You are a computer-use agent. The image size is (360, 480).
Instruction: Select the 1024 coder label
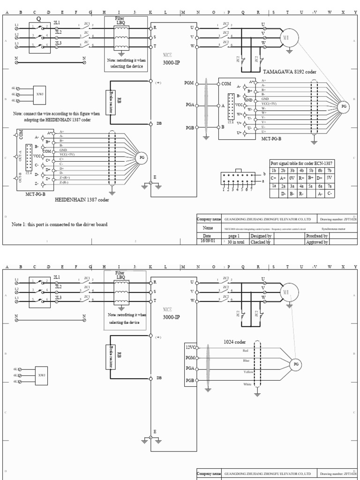pos(234,342)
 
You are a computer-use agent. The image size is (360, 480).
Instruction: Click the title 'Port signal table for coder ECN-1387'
pos(302,163)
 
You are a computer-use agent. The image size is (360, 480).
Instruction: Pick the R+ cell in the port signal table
pos(302,178)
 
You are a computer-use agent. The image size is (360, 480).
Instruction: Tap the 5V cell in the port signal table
pos(330,178)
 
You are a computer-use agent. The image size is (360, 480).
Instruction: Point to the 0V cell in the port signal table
pos(292,178)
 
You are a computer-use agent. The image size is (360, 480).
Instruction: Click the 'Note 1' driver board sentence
pos(60,225)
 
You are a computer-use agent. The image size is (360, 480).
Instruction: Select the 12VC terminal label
pos(190,347)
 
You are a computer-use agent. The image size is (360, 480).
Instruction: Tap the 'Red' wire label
pos(245,350)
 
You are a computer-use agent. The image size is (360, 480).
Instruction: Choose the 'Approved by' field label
pos(317,242)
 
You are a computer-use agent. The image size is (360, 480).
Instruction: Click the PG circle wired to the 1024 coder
pos(296,364)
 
